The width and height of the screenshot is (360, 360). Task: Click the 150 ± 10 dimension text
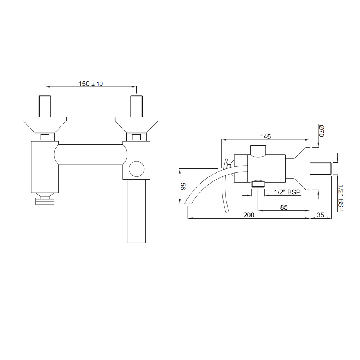click(91, 84)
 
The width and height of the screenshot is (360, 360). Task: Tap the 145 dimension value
click(265, 136)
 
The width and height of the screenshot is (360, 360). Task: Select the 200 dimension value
click(249, 215)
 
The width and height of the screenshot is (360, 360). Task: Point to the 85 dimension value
click(284, 207)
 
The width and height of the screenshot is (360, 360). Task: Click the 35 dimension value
click(320, 215)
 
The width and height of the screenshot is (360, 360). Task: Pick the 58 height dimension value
click(183, 186)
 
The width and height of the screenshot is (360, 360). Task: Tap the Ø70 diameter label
click(321, 131)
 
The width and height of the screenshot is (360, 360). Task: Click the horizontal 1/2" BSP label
click(287, 192)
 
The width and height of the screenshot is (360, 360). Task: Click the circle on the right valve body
click(136, 169)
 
